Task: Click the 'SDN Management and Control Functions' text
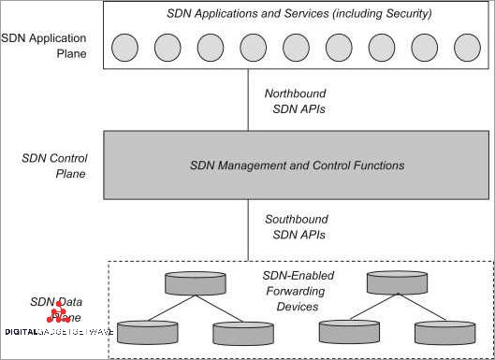pos(297,166)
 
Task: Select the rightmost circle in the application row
pos(466,46)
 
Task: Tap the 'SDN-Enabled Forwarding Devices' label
pos(298,291)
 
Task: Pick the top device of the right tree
pos(396,281)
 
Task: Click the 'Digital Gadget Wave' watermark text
pos(60,332)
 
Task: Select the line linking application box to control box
pos(249,102)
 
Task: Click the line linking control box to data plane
pos(249,229)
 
